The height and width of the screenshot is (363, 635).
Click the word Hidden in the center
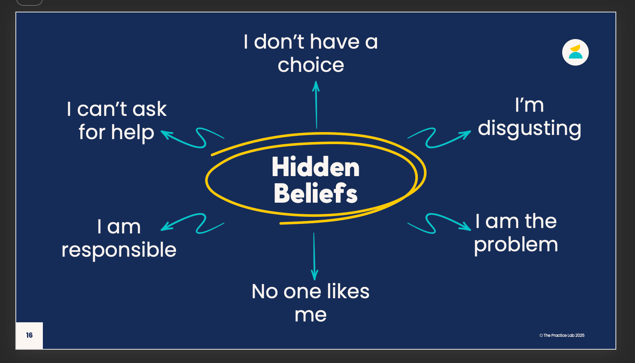coord(315,167)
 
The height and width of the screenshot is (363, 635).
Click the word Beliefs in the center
coord(315,194)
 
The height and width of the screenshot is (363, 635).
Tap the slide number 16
coord(29,335)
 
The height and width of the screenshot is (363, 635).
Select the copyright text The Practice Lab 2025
coord(562,335)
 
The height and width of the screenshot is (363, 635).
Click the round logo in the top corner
coord(575,52)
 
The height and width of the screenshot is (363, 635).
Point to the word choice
coord(311,65)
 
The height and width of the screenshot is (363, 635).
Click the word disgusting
coord(529,129)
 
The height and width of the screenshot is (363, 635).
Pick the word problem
coord(516,245)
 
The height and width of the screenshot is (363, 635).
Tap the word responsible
coord(119,250)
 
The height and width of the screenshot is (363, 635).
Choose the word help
coord(133,133)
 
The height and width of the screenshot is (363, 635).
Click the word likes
coord(348,292)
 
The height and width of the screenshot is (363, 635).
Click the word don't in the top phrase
coord(279,42)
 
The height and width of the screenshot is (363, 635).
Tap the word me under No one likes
coord(310,315)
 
